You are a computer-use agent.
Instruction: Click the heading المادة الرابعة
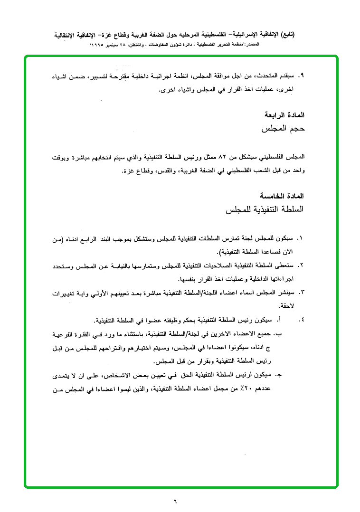coord(284,115)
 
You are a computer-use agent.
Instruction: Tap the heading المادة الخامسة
coord(282,196)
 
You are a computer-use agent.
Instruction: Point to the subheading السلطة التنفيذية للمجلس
coord(263,209)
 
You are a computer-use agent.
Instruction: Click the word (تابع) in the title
coord(286,34)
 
